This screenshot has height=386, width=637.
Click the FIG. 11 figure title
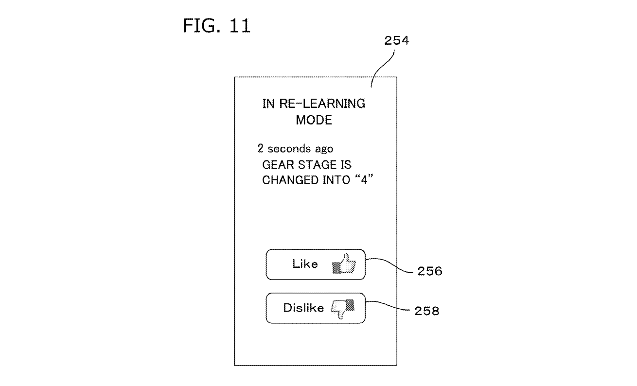click(x=217, y=25)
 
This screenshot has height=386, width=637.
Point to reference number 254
click(x=396, y=41)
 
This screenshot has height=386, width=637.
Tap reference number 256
click(x=429, y=271)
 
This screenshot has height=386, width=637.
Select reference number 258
click(x=426, y=311)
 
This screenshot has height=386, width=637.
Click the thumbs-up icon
click(x=344, y=264)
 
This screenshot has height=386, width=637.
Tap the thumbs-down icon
click(x=343, y=308)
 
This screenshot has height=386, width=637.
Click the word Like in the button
click(x=305, y=264)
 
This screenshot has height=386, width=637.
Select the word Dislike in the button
click(x=303, y=308)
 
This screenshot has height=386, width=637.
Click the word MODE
click(x=314, y=120)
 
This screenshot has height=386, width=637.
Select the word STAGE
click(x=316, y=165)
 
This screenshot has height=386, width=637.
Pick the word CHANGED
click(x=286, y=180)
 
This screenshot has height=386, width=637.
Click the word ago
click(x=323, y=149)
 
